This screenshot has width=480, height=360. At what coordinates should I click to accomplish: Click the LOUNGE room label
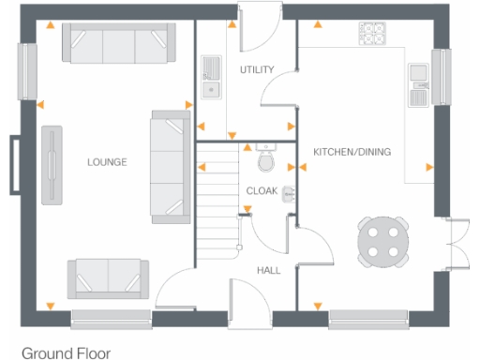pos(107,162)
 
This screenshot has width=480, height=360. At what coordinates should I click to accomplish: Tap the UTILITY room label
pos(256,70)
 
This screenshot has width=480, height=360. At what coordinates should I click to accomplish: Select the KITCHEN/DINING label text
pos(352,152)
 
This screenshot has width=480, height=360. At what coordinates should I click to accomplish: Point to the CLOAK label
pos(262,190)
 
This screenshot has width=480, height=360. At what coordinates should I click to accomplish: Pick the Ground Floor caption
pos(66,352)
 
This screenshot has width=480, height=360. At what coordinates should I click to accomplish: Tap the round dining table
pos(383,240)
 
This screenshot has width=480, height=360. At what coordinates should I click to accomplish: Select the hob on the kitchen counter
pos(371,33)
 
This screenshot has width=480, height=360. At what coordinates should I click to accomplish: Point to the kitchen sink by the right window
pos(417,83)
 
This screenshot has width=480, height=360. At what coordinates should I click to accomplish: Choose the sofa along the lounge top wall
pos(117,41)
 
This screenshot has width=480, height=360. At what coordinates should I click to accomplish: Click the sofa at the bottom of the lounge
pos(108,278)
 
